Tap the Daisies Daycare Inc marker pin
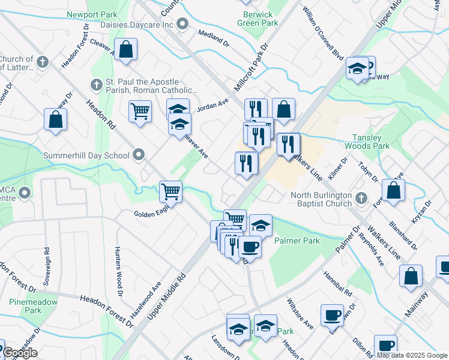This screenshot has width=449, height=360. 184,25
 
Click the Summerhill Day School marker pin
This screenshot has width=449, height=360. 139,155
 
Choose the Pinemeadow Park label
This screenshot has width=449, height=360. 25,306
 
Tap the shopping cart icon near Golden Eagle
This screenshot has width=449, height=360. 170,191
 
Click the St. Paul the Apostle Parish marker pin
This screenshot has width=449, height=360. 96,85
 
